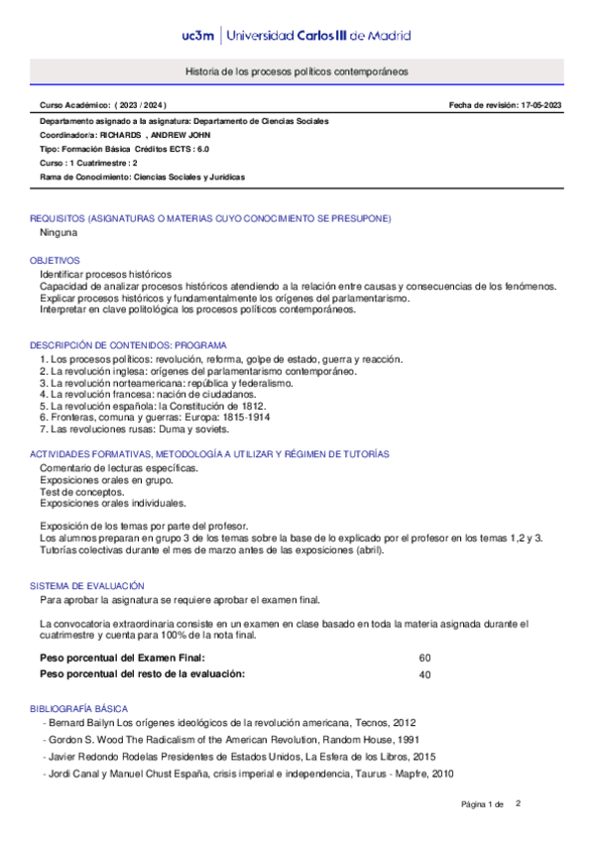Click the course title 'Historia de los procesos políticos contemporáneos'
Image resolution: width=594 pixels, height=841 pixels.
297,72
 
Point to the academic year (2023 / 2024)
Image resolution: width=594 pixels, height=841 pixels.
141,104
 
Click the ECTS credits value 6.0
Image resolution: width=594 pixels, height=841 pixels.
201,149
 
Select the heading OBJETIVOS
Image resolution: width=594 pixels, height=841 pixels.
55,260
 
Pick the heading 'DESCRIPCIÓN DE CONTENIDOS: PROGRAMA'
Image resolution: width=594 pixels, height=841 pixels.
129,344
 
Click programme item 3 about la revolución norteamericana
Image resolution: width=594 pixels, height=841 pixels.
167,382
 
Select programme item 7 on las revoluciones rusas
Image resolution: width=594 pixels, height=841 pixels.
135,429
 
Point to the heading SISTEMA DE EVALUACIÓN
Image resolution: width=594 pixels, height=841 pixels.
86,586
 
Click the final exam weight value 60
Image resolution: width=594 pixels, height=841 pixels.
424,658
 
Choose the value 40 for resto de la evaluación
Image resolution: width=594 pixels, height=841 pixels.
424,674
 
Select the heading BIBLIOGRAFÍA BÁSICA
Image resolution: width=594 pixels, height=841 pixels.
78,709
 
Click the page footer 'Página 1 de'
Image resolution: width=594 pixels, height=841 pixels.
483,802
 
